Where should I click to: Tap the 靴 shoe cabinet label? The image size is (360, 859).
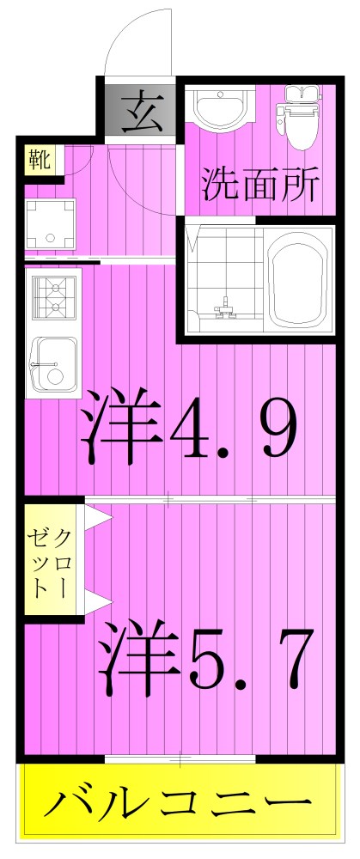pos(40,161)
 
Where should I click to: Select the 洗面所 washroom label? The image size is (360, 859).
pos(260,183)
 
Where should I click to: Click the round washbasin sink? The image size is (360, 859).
pos(221,109)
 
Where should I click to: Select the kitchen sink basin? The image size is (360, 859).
pos(53,365)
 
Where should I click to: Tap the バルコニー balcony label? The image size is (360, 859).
pos(179,806)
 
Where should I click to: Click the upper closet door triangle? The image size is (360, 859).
pos(98,516)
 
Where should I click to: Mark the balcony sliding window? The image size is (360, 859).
pos(180,758)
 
